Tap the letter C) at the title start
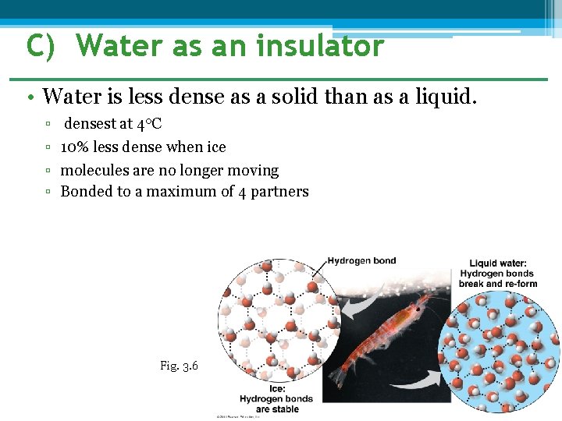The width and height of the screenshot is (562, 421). tap(41, 46)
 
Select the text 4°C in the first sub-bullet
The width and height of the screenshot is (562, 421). tap(149, 125)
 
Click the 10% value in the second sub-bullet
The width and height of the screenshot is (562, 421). tap(75, 147)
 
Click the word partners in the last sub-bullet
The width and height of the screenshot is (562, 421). tap(281, 192)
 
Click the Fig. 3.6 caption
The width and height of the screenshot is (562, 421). tap(179, 366)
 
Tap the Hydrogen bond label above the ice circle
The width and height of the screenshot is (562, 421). tap(361, 261)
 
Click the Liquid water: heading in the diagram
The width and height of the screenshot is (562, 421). tap(498, 264)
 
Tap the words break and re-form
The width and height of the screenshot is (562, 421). tap(498, 284)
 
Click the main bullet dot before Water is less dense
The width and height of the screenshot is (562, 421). tap(29, 98)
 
